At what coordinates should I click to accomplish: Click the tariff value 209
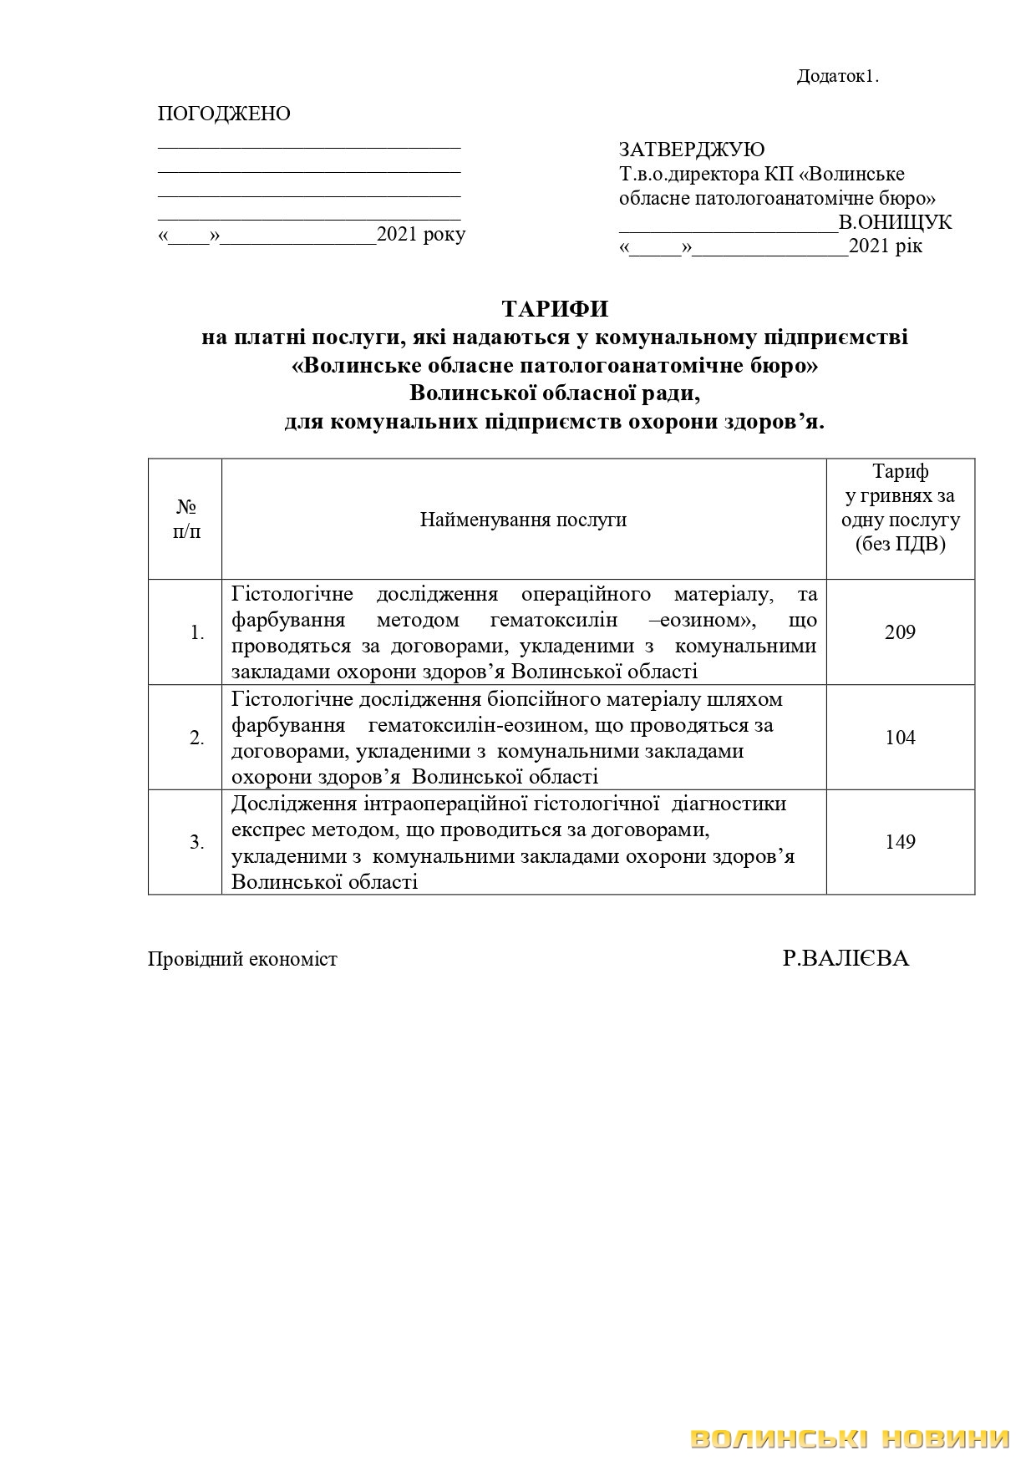pos(900,632)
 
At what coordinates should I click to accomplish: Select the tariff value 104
pos(900,738)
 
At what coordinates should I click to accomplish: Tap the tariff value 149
pos(900,842)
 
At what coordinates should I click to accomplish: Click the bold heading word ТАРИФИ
pos(556,309)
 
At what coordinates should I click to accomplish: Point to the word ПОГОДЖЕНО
pos(224,114)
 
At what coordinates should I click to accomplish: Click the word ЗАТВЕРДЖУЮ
pos(691,150)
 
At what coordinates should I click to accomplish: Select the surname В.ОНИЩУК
pos(896,223)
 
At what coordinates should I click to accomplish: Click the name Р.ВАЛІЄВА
pos(846,958)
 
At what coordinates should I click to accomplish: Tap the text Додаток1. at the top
pos(838,76)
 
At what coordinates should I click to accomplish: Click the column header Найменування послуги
pos(523,520)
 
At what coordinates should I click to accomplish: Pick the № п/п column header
pos(186,519)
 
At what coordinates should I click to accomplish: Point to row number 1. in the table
pos(197,633)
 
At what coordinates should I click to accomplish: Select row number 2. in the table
pos(197,738)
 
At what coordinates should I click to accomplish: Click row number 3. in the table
pos(197,843)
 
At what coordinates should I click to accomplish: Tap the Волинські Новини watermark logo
pos(851,1438)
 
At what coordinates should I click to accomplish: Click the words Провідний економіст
pos(242,959)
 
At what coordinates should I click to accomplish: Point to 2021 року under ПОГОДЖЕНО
pos(421,235)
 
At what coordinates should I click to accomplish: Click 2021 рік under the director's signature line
pos(886,247)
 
